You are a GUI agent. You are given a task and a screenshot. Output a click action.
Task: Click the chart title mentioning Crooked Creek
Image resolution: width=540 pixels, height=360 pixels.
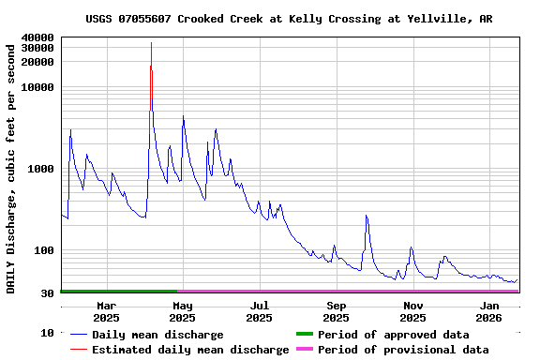[289, 19]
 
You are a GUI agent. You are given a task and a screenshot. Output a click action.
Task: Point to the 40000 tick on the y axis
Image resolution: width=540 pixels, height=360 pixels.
[37, 38]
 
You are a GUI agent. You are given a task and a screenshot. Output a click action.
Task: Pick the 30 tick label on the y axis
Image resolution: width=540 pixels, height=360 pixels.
[47, 294]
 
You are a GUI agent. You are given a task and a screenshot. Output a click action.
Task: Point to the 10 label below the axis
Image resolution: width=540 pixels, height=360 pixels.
[47, 334]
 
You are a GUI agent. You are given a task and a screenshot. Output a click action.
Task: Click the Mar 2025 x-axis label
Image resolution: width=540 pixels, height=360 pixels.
[107, 312]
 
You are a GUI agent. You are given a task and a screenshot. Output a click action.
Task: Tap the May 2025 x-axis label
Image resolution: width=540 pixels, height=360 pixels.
[183, 312]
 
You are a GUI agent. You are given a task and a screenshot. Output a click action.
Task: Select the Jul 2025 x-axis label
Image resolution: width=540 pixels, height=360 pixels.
[260, 312]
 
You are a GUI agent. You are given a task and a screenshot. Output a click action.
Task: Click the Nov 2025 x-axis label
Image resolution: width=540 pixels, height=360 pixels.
[412, 312]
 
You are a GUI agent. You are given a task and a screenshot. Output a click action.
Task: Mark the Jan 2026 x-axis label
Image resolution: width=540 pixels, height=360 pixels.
[489, 312]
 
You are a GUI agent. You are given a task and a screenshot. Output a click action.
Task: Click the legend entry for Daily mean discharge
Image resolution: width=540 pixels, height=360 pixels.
[157, 335]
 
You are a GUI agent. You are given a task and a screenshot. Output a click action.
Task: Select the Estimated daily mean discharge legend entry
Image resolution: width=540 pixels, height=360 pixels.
[190, 350]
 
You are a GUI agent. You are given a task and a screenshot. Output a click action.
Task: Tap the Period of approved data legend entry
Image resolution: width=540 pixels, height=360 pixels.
[394, 335]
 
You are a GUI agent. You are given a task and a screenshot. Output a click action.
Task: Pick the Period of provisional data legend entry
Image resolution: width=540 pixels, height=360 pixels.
[403, 350]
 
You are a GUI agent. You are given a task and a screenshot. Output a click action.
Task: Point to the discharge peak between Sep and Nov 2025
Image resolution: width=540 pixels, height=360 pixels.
[367, 217]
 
